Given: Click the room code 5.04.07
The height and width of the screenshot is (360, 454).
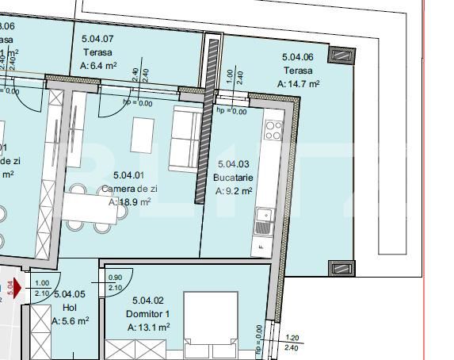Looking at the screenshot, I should (x=97, y=38).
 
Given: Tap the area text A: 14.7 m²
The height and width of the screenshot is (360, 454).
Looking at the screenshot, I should (x=299, y=82).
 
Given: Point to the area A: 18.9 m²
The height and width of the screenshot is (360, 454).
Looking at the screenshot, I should (x=129, y=202).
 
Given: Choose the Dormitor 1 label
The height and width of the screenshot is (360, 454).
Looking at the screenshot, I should (x=148, y=313).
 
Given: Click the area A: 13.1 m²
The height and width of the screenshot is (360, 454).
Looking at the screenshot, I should (x=148, y=327).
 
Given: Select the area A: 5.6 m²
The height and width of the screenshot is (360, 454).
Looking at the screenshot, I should (x=70, y=320).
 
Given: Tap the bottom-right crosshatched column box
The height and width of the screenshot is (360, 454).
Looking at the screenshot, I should (x=339, y=268).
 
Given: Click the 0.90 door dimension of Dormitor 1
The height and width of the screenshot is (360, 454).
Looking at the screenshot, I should (x=115, y=278).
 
